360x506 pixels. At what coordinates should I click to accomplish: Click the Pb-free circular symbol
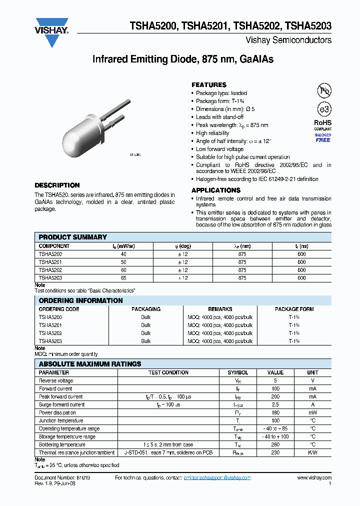click(x=324, y=90)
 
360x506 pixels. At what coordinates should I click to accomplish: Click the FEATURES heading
click(x=209, y=85)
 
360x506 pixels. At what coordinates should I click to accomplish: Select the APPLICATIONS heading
click(x=216, y=190)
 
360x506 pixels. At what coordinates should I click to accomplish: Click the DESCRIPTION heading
click(x=57, y=185)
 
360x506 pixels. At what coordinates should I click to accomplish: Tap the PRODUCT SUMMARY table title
click(x=73, y=237)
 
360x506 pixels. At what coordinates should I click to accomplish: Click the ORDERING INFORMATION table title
click(x=80, y=300)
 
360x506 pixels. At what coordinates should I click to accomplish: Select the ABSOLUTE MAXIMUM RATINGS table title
click(x=90, y=364)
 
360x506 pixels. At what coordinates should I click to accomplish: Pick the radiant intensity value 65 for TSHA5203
click(x=123, y=278)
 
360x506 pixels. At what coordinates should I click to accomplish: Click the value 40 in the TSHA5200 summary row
click(x=123, y=254)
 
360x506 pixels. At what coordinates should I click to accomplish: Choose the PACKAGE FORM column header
click(x=294, y=309)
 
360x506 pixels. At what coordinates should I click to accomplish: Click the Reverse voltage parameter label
click(x=55, y=380)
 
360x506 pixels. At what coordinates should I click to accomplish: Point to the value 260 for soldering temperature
click(x=275, y=444)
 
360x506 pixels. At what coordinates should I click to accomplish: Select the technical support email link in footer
click(x=217, y=478)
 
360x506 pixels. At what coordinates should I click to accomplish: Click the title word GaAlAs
click(x=256, y=59)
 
